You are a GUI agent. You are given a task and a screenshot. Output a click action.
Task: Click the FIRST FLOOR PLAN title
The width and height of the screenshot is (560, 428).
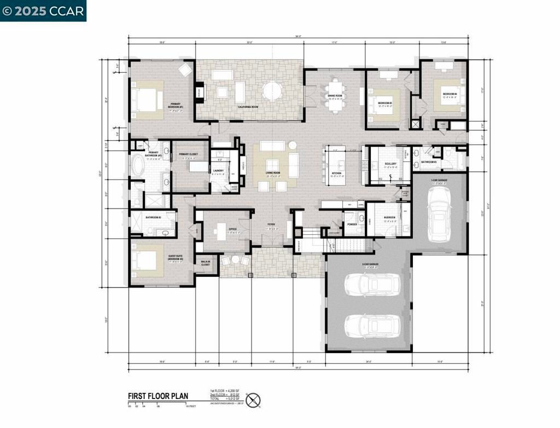click(158, 396)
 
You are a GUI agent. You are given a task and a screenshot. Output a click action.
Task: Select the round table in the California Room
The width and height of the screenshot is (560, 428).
click(271, 90)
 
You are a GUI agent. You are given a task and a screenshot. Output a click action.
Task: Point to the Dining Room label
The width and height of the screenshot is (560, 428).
click(335, 96)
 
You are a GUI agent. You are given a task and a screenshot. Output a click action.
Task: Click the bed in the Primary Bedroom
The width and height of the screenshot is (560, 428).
click(145, 100)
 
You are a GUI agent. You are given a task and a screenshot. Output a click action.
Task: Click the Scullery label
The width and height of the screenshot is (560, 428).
click(390, 164)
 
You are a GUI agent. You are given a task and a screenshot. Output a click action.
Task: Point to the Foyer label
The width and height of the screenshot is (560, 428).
click(271, 224)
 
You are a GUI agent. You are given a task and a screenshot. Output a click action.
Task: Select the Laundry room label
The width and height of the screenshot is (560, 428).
click(218, 171)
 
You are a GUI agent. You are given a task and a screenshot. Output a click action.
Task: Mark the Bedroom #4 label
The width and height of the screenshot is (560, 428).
click(450, 94)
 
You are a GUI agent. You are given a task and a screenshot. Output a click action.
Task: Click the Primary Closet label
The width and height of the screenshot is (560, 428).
click(188, 154)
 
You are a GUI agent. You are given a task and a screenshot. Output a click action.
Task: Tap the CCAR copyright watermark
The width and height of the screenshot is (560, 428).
click(43, 10)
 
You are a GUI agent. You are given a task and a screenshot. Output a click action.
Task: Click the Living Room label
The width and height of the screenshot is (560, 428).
click(273, 173)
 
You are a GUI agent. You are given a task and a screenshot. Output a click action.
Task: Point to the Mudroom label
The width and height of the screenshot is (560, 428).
click(389, 217)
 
